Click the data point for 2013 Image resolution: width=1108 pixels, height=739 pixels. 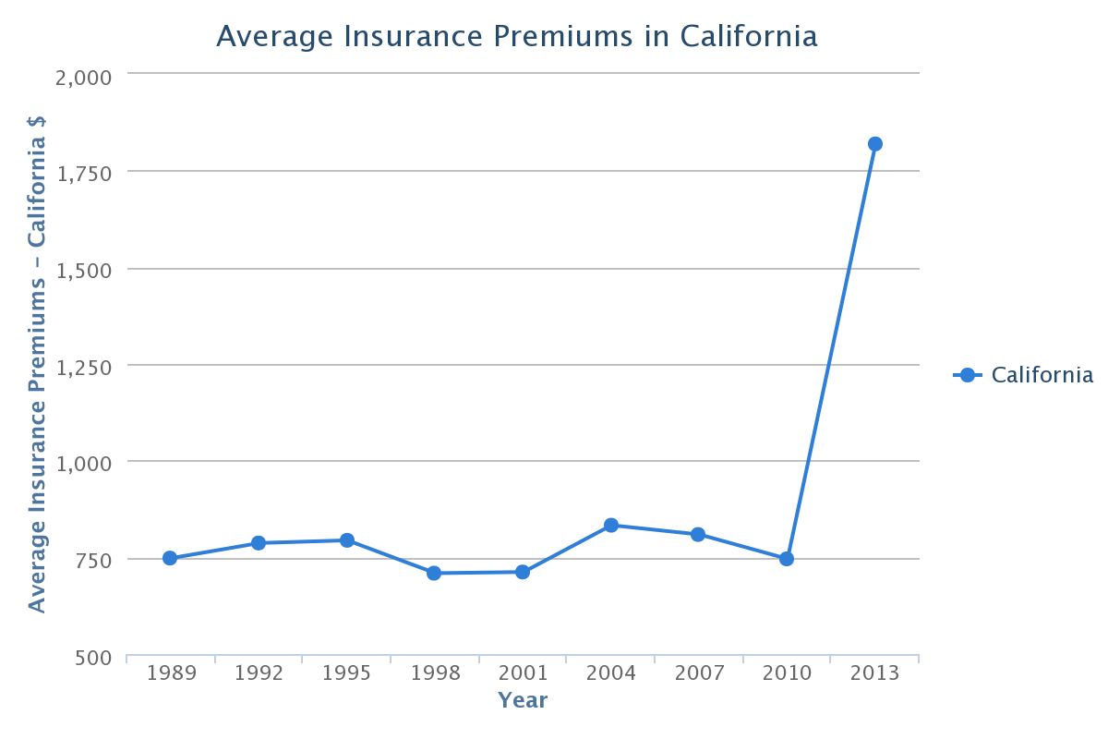click(875, 144)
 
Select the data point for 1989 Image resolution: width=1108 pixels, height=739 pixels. click(170, 558)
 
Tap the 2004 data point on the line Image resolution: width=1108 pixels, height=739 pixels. click(611, 526)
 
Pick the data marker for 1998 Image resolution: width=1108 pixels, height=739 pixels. click(434, 573)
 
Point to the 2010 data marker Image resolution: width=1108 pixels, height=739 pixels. click(787, 559)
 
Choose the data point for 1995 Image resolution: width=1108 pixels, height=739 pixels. click(347, 540)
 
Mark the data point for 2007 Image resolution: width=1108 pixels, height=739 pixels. click(698, 535)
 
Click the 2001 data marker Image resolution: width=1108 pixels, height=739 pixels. click(523, 572)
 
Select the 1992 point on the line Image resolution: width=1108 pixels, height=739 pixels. click(259, 543)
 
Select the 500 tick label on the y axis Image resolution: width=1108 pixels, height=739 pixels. click(94, 658)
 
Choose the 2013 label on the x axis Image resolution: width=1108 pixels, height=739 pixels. click(874, 672)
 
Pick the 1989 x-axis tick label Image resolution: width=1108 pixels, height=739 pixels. click(171, 672)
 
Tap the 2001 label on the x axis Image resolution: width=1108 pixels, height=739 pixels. click(523, 672)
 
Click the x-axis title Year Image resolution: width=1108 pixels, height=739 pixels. click(523, 700)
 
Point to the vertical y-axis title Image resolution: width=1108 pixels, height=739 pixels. click(37, 364)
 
